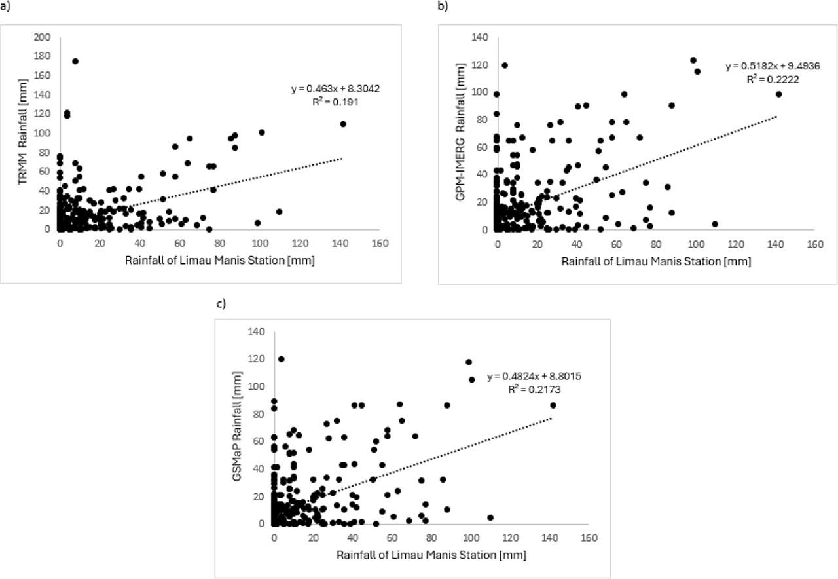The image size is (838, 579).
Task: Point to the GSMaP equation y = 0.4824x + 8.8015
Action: [x=534, y=377]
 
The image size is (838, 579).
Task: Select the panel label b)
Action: [x=443, y=6]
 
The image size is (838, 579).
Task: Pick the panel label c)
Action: [x=221, y=305]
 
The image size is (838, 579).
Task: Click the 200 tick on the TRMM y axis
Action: [x=43, y=37]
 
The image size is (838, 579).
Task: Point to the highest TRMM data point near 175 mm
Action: [x=75, y=62]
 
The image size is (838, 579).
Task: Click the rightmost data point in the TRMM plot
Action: [x=343, y=124]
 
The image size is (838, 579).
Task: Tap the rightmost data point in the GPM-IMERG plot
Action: [x=779, y=94]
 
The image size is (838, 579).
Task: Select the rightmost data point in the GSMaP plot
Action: [x=553, y=405]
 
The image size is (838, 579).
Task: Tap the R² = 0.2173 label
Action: [x=534, y=389]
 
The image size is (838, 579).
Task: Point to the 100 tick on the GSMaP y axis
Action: [x=258, y=387]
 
